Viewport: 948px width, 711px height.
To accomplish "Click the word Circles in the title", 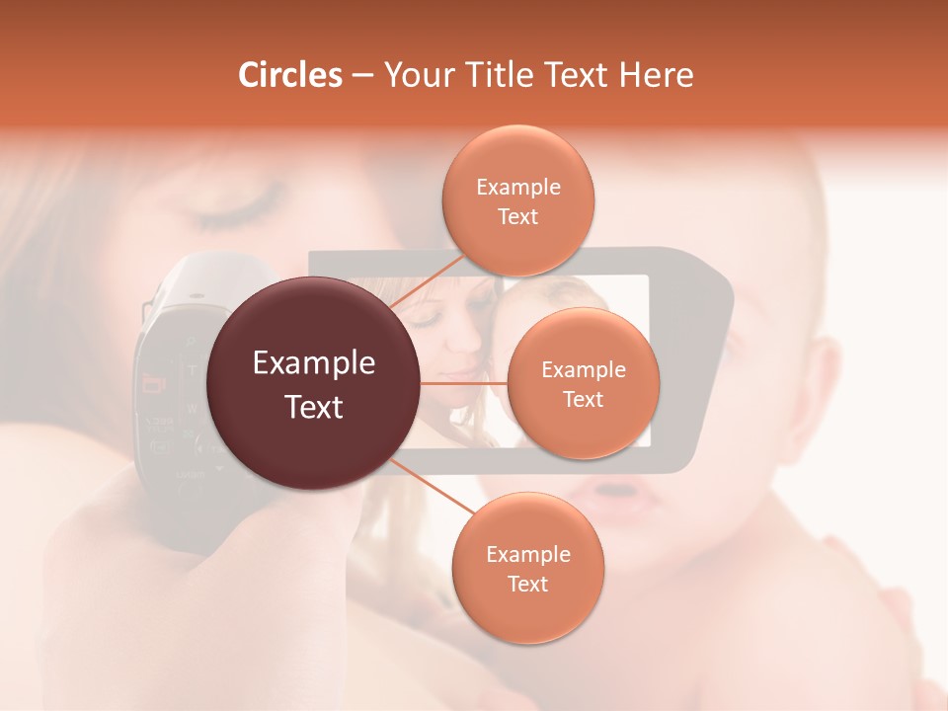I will (x=290, y=75).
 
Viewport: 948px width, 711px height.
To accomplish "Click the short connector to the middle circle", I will (x=464, y=383).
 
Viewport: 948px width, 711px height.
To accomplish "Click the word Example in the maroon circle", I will (x=314, y=363).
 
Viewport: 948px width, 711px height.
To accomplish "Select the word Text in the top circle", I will (x=517, y=217).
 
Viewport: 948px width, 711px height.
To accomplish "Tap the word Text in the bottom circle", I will (x=527, y=585).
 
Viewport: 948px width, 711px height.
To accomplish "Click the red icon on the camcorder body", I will (x=154, y=381).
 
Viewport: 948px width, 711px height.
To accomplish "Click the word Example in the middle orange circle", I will (x=584, y=370).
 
